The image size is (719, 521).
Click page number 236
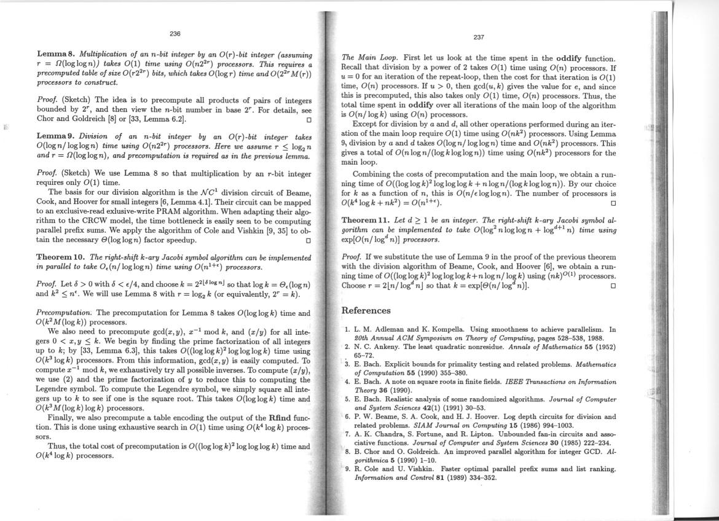click(x=175, y=34)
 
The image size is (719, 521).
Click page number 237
click(x=479, y=37)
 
